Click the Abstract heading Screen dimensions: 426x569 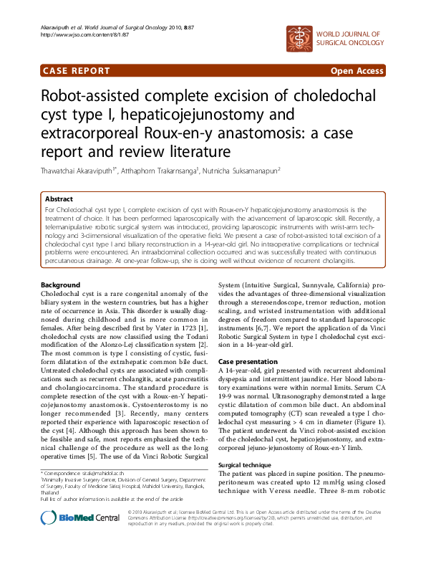coord(59,199)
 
